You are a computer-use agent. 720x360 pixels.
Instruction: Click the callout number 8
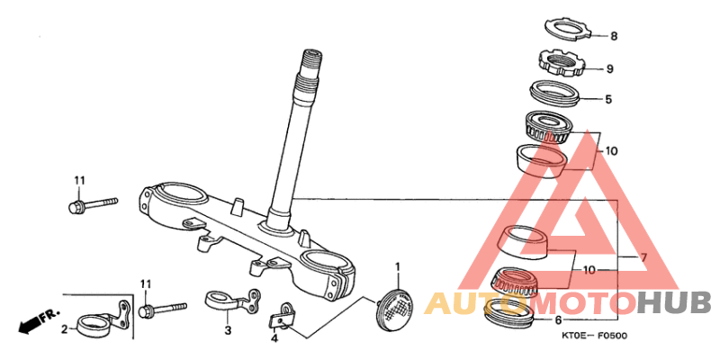[x=614, y=36]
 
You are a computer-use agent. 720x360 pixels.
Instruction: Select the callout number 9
[x=610, y=69]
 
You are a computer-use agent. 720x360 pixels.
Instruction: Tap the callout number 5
[x=608, y=99]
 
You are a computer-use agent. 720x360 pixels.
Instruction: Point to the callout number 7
[x=643, y=257]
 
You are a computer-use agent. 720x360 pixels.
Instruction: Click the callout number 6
[x=558, y=320]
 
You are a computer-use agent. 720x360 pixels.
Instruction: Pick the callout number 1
[x=398, y=266]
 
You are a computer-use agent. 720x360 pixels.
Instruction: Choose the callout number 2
[x=65, y=328]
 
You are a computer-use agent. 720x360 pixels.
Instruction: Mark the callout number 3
[x=228, y=329]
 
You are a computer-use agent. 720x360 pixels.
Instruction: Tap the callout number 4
[x=274, y=339]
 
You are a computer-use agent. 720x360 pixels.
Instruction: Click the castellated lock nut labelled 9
[x=561, y=64]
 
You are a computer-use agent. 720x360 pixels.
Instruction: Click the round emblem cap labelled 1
[x=394, y=308]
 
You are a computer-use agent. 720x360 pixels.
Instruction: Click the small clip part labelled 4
[x=282, y=318]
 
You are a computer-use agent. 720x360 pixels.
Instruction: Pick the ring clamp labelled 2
[x=104, y=320]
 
